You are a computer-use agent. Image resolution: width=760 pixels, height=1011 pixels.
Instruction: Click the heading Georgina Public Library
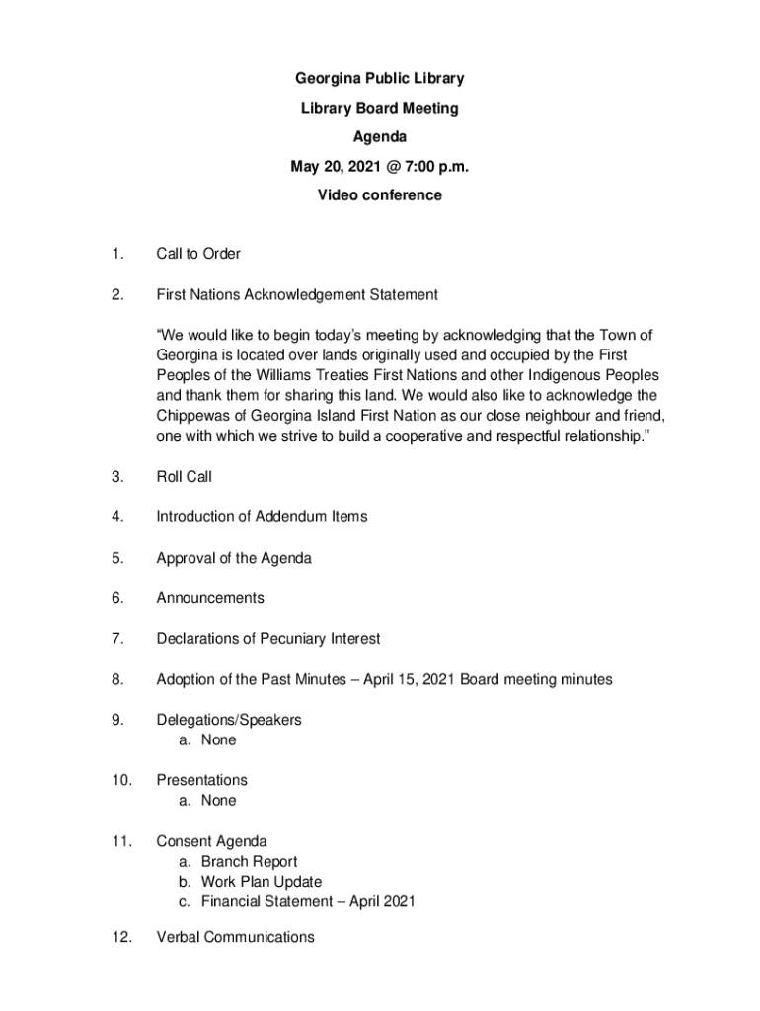click(380, 78)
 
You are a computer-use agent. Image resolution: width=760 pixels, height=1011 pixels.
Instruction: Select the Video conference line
click(380, 195)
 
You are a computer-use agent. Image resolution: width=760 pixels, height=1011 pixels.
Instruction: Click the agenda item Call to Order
click(198, 254)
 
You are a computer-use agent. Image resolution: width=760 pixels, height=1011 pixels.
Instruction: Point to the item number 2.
click(117, 294)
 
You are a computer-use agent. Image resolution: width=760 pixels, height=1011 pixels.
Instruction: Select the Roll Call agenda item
click(185, 477)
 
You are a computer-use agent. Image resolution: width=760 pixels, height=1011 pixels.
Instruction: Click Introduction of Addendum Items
click(262, 517)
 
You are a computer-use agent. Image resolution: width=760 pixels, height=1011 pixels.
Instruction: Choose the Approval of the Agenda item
click(234, 558)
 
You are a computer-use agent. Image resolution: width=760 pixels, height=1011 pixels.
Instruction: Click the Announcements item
click(210, 598)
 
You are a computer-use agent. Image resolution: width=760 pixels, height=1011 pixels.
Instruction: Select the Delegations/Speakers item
click(229, 720)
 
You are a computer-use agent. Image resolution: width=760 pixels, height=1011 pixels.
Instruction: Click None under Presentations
click(218, 801)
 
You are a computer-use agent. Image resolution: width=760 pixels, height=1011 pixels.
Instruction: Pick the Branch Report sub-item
click(249, 862)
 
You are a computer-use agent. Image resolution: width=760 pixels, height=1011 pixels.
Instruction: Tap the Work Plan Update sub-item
click(262, 882)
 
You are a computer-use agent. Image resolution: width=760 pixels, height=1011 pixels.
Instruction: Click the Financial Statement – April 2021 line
click(308, 901)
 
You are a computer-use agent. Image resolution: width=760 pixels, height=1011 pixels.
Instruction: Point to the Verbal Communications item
click(236, 937)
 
